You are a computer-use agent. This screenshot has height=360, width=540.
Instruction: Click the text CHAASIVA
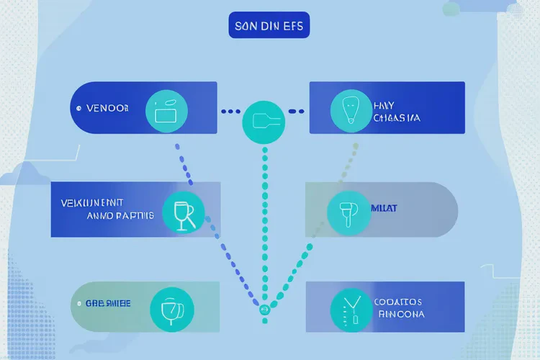pos(397,117)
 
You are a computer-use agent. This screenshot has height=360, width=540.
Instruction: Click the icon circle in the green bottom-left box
pos(171,310)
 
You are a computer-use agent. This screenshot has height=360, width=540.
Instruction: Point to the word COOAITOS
pos(398,302)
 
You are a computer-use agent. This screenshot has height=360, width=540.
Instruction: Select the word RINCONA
pos(400,315)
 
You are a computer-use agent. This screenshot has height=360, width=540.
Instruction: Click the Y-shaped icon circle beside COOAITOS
pos(351,310)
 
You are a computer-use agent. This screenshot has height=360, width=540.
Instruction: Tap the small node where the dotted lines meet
pos(264,310)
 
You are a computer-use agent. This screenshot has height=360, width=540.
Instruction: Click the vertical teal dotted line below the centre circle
pos(265,216)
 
